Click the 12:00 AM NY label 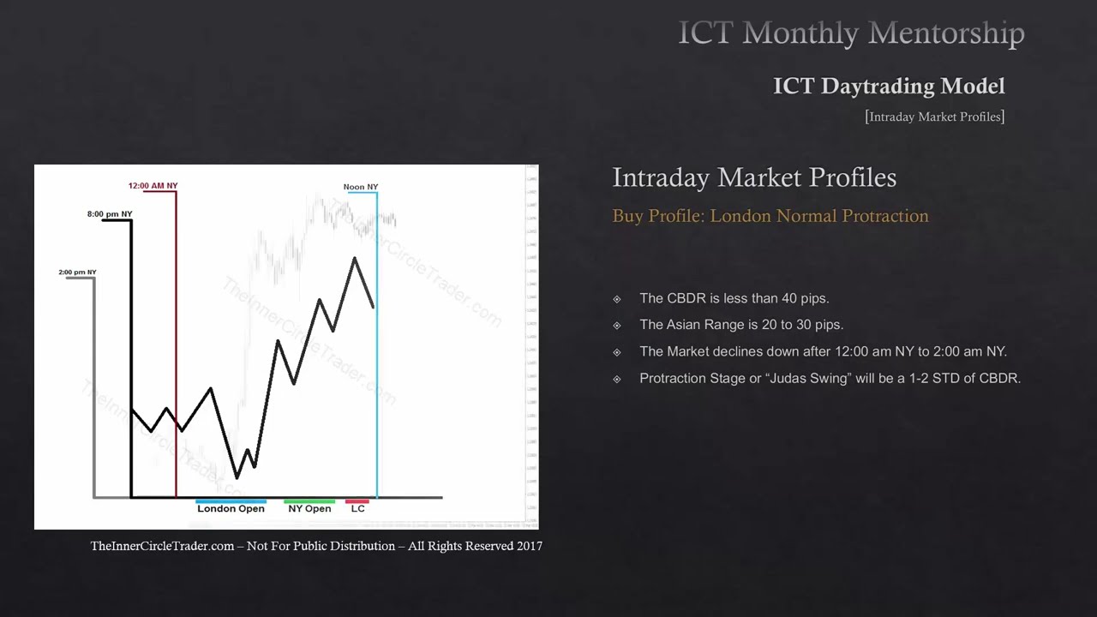point(153,186)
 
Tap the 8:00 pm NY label point(110,214)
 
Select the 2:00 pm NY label point(77,273)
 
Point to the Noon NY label point(360,187)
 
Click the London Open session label point(231,509)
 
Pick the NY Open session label point(309,509)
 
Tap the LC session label point(357,509)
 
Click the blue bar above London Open point(231,501)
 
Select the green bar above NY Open point(309,501)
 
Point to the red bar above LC point(357,501)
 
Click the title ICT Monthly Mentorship point(851,33)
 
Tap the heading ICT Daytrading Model point(889,86)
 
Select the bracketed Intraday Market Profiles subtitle point(934,117)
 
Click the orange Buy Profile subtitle point(770,216)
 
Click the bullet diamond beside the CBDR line point(617,299)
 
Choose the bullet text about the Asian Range point(741,325)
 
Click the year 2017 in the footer point(530,546)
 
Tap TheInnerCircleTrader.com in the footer point(162,546)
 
